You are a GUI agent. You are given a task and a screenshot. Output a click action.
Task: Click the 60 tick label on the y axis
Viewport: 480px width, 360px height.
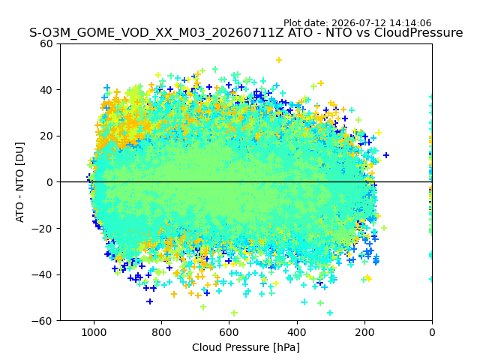click(46, 44)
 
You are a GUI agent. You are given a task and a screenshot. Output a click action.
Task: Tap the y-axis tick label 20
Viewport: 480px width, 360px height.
click(46, 136)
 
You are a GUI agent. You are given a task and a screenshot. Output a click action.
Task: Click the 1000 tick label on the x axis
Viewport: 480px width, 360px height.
click(94, 332)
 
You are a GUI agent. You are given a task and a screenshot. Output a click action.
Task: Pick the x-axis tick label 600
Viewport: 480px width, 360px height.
click(229, 332)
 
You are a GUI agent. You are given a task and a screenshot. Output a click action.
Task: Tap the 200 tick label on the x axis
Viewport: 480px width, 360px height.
click(364, 332)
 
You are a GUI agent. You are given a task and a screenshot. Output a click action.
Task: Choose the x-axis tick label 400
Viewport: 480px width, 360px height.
click(297, 332)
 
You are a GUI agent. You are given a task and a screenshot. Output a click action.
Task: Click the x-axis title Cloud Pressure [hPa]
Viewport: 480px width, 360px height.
click(246, 347)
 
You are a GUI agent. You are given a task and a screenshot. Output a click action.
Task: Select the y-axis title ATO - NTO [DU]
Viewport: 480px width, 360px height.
click(20, 182)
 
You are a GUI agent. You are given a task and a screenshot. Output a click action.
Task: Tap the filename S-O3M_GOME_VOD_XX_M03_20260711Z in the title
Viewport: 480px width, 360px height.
click(157, 33)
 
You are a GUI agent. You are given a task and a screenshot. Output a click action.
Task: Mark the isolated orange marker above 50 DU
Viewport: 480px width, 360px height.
click(279, 60)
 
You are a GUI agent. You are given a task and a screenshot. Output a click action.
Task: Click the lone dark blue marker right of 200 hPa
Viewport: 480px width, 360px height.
click(386, 155)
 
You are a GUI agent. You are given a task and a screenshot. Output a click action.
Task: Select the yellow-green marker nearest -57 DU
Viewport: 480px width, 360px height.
click(234, 313)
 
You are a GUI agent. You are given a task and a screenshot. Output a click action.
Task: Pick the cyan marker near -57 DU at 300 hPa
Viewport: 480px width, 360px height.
click(330, 313)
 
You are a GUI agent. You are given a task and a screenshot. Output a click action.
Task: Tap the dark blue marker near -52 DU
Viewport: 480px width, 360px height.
click(149, 301)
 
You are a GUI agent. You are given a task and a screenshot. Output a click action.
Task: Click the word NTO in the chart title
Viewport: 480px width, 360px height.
click(338, 33)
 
